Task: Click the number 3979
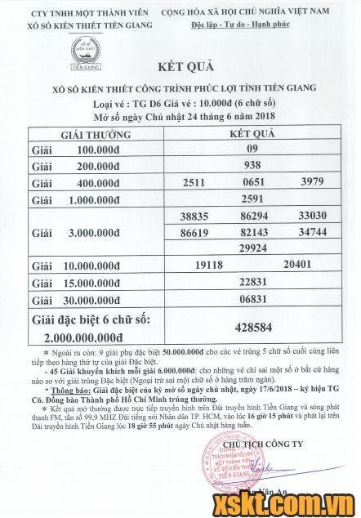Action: (x=314, y=181)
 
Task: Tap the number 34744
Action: (x=314, y=233)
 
